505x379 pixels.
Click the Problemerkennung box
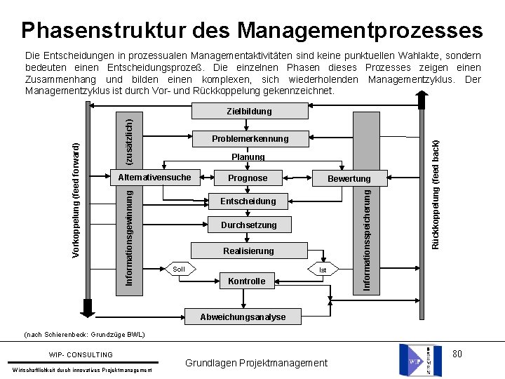(x=250, y=139)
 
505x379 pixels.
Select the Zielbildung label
(x=249, y=111)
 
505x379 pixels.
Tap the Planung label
(x=248, y=157)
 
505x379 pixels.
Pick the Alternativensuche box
(x=154, y=178)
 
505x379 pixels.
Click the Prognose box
(x=248, y=178)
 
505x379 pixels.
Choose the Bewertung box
(x=349, y=179)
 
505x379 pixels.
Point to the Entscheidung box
(x=248, y=201)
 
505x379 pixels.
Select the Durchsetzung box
(x=248, y=225)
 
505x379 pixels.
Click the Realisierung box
(x=248, y=251)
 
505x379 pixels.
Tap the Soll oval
(x=179, y=270)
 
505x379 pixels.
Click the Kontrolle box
(x=248, y=281)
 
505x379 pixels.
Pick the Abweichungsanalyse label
(x=243, y=317)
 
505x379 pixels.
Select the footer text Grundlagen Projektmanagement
(x=256, y=363)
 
